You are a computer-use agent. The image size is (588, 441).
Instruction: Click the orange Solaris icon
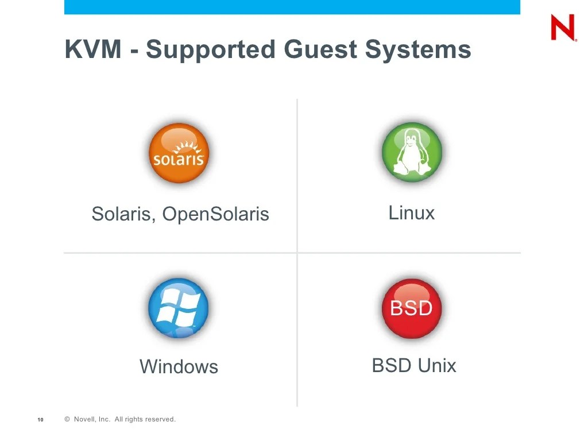pyautogui.click(x=179, y=153)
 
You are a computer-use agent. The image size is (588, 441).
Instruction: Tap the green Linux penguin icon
pyautogui.click(x=412, y=152)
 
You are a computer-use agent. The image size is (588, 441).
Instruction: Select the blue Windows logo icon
pyautogui.click(x=179, y=308)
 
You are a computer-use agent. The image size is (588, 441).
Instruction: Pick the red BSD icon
pyautogui.click(x=411, y=308)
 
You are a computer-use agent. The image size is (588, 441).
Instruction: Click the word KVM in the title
pyautogui.click(x=93, y=49)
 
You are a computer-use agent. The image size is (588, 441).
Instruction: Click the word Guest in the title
pyautogui.click(x=322, y=49)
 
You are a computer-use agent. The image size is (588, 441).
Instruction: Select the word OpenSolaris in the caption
pyautogui.click(x=215, y=215)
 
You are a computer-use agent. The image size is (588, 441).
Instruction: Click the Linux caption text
pyautogui.click(x=412, y=213)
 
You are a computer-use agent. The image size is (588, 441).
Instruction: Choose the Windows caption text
pyautogui.click(x=179, y=366)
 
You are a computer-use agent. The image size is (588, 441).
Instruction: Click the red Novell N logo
pyautogui.click(x=563, y=28)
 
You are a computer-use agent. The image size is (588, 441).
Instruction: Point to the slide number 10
pyautogui.click(x=40, y=420)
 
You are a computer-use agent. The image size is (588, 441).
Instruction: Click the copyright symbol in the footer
pyautogui.click(x=67, y=420)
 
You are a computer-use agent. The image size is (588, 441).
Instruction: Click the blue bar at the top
pyautogui.click(x=292, y=7)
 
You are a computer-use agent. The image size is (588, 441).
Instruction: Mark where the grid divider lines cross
pyautogui.click(x=297, y=252)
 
